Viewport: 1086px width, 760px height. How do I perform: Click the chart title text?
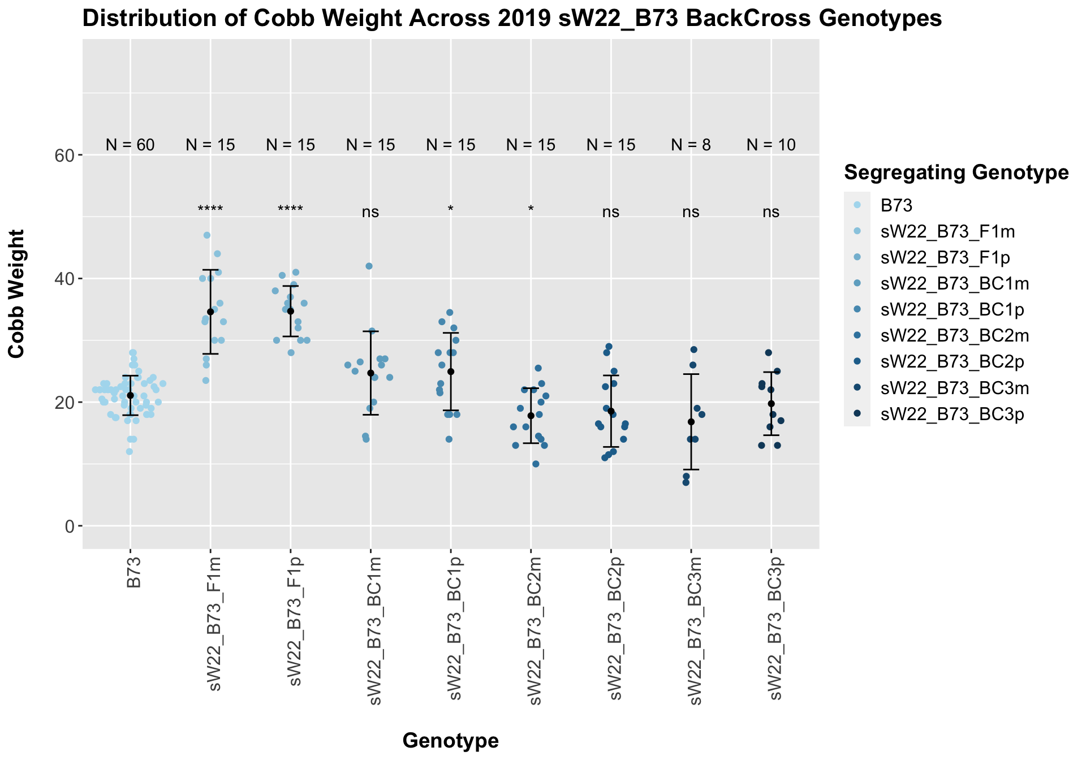pyautogui.click(x=512, y=19)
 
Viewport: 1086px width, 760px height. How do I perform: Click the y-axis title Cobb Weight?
pyautogui.click(x=16, y=293)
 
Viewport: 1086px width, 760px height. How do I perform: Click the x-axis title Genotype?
pyautogui.click(x=450, y=740)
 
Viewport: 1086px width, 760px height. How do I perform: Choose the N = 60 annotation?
pyautogui.click(x=130, y=145)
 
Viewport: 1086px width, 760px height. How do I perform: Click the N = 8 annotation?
pyautogui.click(x=691, y=145)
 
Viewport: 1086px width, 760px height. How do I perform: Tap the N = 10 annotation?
pyautogui.click(x=771, y=145)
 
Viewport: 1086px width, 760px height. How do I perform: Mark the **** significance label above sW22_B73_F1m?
pyautogui.click(x=210, y=210)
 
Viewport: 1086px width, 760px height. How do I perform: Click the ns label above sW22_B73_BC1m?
pyautogui.click(x=370, y=212)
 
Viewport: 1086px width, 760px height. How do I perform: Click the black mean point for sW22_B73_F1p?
pyautogui.click(x=291, y=311)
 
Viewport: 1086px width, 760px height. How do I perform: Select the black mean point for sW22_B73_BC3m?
pyautogui.click(x=691, y=422)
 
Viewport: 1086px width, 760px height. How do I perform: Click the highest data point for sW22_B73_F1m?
pyautogui.click(x=207, y=235)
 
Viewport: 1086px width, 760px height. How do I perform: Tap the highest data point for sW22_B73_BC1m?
pyautogui.click(x=369, y=266)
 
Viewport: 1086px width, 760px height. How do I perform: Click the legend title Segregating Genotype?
pyautogui.click(x=956, y=173)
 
